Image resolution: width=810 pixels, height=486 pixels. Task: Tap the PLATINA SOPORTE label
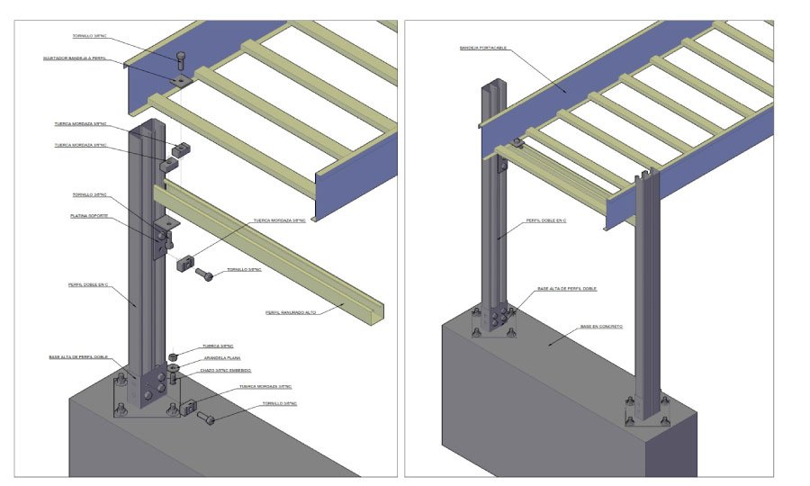90,216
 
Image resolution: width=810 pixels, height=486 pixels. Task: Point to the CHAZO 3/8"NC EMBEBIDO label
226,371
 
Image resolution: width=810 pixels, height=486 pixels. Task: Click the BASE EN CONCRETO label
602,327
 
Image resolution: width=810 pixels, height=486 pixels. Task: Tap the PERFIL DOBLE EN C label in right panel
550,220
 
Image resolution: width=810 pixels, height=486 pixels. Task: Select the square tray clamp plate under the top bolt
181,81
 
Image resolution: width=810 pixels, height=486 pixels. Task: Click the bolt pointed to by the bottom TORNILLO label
206,418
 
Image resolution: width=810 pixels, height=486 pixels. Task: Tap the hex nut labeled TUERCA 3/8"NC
174,357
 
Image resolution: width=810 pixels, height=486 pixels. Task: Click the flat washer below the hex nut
173,367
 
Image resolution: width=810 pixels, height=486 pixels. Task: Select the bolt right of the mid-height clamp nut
204,274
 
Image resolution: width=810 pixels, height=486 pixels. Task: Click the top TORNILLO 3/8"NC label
91,36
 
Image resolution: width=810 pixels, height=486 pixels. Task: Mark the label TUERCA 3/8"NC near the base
219,346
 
